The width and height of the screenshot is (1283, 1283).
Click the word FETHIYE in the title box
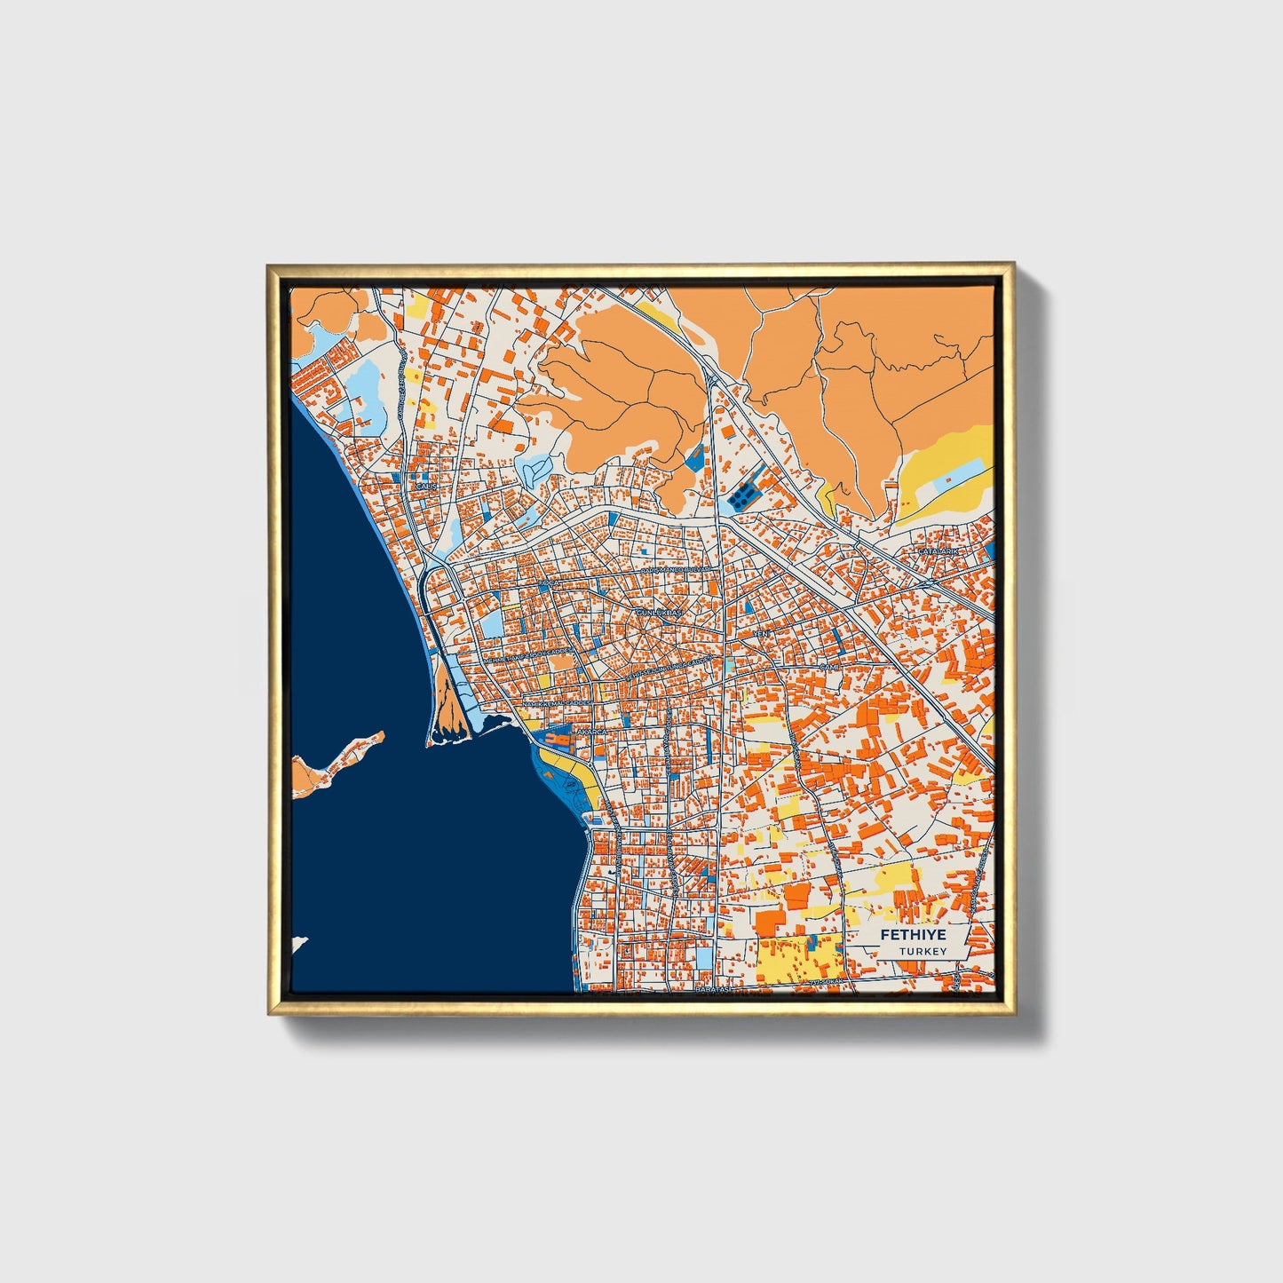click(913, 935)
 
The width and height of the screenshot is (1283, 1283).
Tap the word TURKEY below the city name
click(922, 951)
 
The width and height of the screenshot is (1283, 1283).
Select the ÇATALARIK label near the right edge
click(939, 551)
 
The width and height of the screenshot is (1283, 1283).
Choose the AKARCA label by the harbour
click(591, 731)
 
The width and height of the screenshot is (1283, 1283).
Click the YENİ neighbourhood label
click(762, 634)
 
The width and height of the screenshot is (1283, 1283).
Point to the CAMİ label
click(828, 666)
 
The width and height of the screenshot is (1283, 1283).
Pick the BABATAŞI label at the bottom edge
click(714, 989)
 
